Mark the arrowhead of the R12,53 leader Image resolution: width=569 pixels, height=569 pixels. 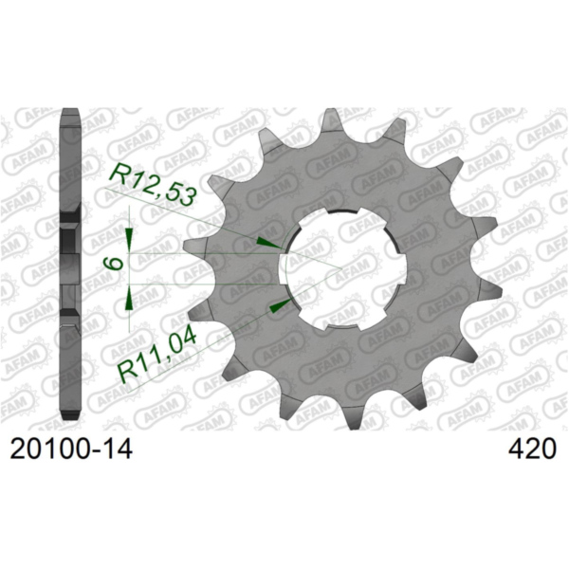(273, 243)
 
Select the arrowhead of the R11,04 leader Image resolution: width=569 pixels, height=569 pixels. (277, 305)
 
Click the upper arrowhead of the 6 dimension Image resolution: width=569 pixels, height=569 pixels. (130, 236)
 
